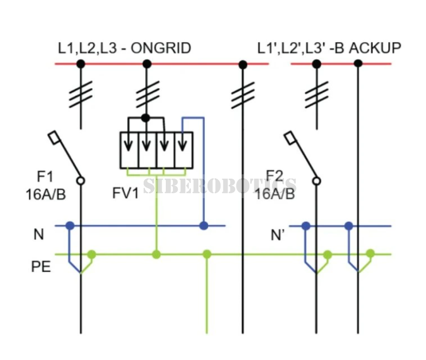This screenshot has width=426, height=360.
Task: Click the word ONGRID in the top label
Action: (x=161, y=48)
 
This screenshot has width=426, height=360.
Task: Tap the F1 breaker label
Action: (x=45, y=176)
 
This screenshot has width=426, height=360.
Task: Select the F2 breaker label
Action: (x=274, y=176)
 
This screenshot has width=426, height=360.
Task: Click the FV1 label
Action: (x=126, y=193)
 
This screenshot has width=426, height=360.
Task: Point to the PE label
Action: (x=41, y=267)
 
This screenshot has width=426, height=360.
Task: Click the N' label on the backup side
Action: (x=277, y=235)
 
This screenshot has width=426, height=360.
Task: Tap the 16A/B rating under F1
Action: (x=46, y=194)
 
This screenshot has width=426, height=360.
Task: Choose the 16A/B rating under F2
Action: (x=275, y=194)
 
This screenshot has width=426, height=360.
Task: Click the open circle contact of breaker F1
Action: (x=81, y=181)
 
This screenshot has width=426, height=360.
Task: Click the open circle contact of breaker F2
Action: (x=316, y=181)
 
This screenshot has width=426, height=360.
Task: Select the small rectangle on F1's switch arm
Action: (x=54, y=138)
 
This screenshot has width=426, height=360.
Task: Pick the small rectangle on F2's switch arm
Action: (x=290, y=138)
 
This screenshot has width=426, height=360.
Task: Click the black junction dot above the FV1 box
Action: (x=146, y=118)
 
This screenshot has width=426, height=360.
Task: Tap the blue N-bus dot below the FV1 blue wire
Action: (x=204, y=225)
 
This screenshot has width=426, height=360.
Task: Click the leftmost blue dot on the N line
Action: (x=70, y=225)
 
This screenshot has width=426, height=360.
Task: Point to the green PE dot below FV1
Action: (x=156, y=254)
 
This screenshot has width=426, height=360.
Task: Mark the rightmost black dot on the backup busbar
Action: (x=358, y=64)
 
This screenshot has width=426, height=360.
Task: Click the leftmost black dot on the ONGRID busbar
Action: (x=80, y=64)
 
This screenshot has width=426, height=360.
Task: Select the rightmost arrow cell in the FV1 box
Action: (x=184, y=150)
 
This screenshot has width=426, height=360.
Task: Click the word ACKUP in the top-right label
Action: (x=375, y=48)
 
